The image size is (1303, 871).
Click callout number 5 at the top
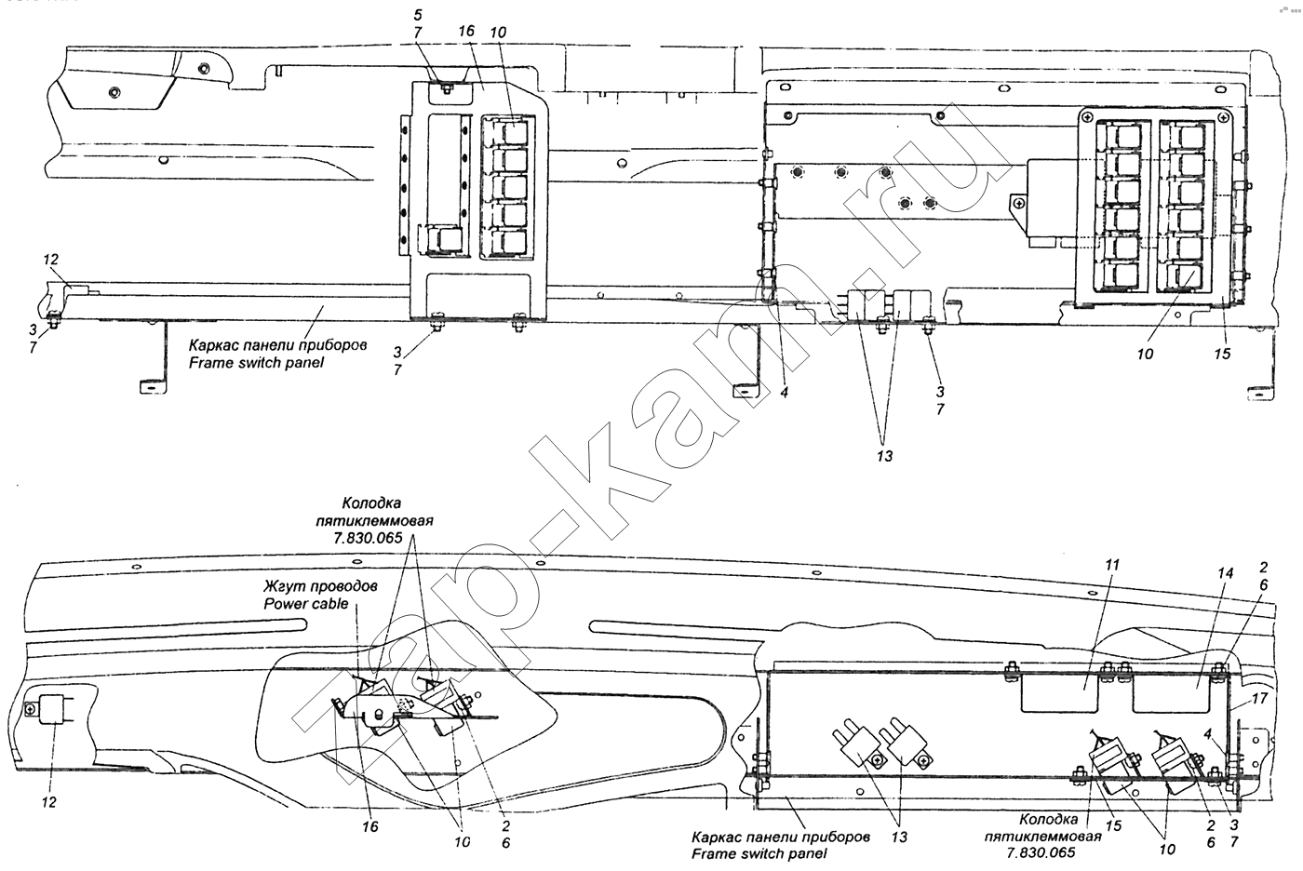coord(418,15)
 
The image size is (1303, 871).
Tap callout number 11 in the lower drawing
coord(1111,565)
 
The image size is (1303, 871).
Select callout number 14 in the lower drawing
coord(1225,573)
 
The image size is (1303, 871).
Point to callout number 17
coord(1259,698)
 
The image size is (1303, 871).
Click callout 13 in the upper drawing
coord(884,456)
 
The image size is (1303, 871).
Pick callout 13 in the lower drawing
coord(899,837)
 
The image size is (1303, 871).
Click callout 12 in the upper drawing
coord(50,259)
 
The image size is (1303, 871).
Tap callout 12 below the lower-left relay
coord(48,802)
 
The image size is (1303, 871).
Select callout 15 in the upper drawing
coord(1222,354)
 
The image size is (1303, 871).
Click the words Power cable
coord(306,604)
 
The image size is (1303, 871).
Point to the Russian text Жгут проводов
coord(320,585)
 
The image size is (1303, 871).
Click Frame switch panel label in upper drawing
coord(256,363)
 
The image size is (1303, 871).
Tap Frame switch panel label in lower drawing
coord(759,854)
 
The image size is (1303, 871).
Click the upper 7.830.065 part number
coord(368,538)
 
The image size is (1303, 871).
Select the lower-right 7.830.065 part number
coord(1041,852)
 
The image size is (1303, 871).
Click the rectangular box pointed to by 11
coord(1060,693)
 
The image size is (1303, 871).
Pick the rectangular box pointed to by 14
coord(1172,693)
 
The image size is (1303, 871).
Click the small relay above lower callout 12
coord(55,710)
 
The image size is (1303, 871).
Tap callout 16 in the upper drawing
coord(466,30)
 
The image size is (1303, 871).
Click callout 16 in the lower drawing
coord(370,825)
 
